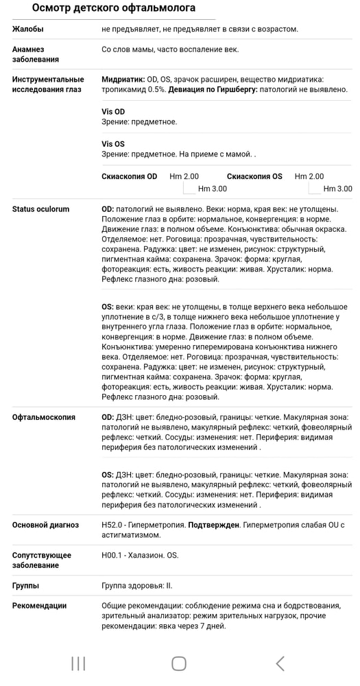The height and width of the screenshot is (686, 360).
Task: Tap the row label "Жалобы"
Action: [28, 29]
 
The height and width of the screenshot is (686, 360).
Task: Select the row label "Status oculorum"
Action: [40, 209]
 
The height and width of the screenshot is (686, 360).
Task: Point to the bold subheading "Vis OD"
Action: [113, 112]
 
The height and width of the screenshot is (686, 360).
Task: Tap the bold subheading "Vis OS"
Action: [113, 144]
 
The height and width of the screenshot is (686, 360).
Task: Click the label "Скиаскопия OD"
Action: [129, 176]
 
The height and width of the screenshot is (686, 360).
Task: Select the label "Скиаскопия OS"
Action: [254, 176]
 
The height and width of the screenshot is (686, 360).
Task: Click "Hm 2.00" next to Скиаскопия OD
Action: [184, 176]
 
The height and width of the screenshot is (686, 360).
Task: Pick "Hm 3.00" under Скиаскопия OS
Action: [337, 189]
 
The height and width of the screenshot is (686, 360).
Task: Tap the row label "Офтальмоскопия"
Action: [44, 417]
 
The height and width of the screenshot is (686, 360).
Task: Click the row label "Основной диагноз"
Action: [45, 525]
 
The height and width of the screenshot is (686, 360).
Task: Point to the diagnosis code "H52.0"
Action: [113, 525]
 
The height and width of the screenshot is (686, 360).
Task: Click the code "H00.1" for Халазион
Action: [113, 555]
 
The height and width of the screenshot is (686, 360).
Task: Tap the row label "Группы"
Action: [25, 586]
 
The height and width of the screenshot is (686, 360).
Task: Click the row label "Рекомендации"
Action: [39, 606]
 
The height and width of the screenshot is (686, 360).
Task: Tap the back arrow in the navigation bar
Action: [280, 663]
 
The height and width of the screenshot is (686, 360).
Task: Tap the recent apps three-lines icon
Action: [78, 663]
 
